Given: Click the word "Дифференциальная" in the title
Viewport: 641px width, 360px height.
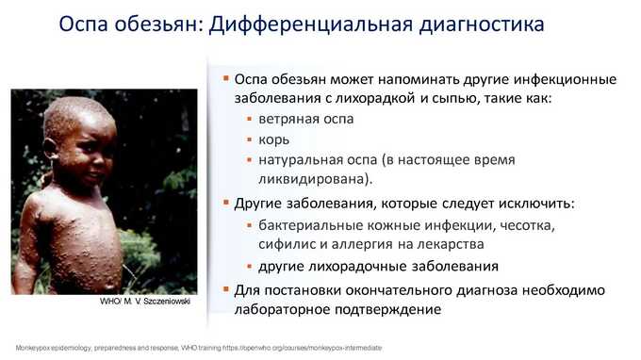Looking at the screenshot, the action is coord(311,25).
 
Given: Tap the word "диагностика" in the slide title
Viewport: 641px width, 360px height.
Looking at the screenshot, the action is coord(482,25).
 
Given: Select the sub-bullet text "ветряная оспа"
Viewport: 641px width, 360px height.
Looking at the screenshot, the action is coord(306,120).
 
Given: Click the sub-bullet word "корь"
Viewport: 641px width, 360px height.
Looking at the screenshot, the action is coord(274,140).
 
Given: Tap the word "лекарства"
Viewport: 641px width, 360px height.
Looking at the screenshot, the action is coord(451,244).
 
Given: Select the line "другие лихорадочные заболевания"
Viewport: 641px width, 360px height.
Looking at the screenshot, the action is coord(378,267).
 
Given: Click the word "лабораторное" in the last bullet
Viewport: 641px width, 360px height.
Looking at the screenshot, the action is coord(282,310).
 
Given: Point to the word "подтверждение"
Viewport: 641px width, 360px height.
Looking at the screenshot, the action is coord(388,310).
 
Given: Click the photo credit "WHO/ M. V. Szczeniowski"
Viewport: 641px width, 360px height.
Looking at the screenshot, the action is coord(145,302).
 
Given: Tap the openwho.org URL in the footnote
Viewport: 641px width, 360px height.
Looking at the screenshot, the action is coord(302,348).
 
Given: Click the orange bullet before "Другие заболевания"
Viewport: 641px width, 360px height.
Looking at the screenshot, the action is coord(225,202).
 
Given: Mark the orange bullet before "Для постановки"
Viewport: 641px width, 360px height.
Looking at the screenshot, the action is coord(225,289).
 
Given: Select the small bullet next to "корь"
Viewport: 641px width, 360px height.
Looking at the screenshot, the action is coord(250,139).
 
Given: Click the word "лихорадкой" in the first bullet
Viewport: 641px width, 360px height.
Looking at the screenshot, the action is coord(372,99).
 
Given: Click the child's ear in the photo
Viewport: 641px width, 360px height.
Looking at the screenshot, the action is coord(51,149).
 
